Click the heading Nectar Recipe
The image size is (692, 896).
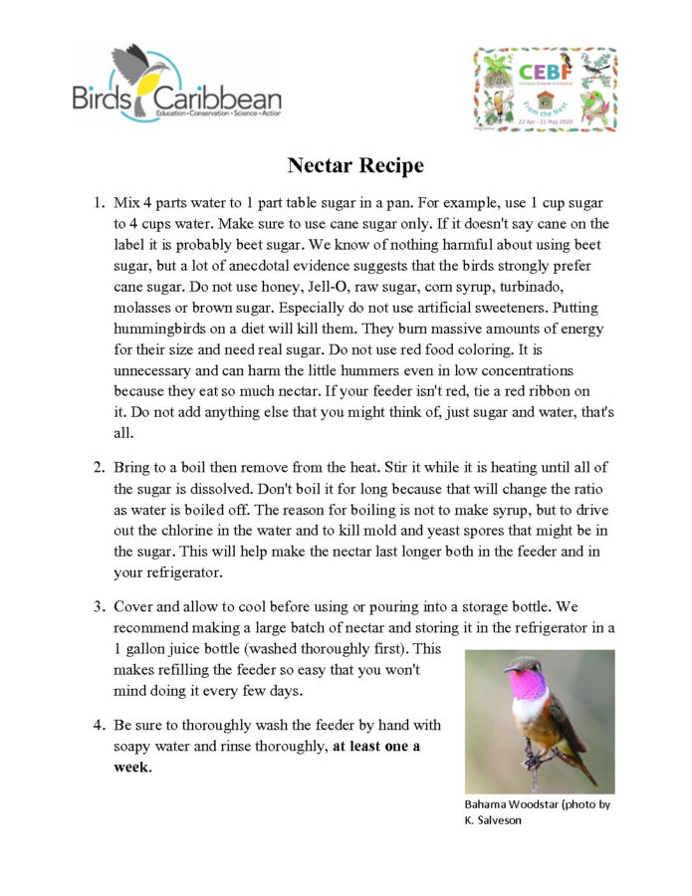pos(355,165)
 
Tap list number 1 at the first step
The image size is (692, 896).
pos(99,202)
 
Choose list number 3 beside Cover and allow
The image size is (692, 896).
pos(99,605)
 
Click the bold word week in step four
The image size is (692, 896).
pos(130,767)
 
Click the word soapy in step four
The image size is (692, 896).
pos(135,746)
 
